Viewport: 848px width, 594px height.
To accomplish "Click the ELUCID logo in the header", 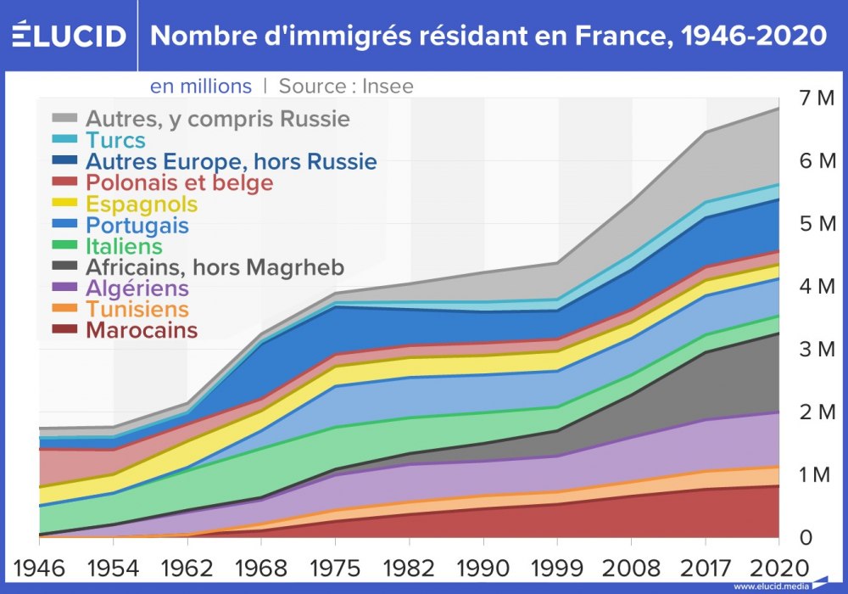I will pos(70,35).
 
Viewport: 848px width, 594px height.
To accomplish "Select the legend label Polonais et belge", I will pos(179,182).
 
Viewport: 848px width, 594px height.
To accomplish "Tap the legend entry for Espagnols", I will pos(141,204).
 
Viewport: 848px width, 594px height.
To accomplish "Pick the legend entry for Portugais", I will pos(137,225).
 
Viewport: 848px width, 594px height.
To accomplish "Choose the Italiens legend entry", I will pos(124,246).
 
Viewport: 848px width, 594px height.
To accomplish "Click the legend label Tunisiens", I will pos(137,309).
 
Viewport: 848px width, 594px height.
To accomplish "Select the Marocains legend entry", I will pos(141,330).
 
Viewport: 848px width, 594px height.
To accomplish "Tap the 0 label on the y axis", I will pos(806,537).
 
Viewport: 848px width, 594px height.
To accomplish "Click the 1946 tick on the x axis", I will pos(39,566).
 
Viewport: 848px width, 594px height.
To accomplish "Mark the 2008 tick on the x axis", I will pos(633,566).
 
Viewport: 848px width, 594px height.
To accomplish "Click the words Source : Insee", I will pos(346,86).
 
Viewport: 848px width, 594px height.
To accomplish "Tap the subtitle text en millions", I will pos(201,86).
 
